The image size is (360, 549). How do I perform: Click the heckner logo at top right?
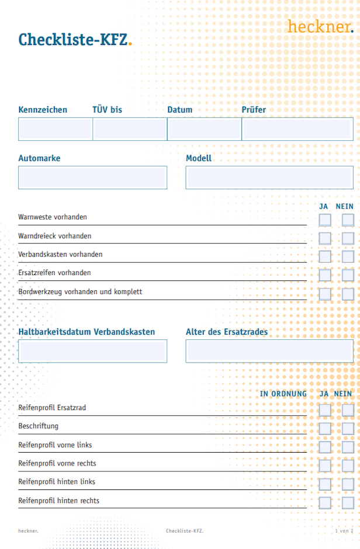[x=320, y=26]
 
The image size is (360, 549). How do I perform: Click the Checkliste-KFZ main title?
[x=75, y=39]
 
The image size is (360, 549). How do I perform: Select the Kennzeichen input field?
[x=55, y=129]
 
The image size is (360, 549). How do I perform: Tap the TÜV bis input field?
[x=130, y=129]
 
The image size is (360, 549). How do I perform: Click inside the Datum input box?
[x=204, y=129]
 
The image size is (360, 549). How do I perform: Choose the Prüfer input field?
[x=297, y=129]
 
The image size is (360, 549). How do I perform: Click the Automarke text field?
[x=92, y=178]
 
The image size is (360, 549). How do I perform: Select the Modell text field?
[x=269, y=178]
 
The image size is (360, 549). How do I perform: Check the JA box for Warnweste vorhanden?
[x=325, y=220]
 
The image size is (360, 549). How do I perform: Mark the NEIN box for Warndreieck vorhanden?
[x=348, y=238]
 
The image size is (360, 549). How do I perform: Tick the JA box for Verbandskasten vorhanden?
[x=325, y=257]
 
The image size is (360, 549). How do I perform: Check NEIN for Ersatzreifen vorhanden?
[x=348, y=275]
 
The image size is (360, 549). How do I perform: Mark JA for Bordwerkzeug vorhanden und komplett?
[x=325, y=294]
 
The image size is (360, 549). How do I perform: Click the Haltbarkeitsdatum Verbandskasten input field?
[x=92, y=351]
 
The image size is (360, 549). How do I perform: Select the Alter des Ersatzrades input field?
[x=269, y=351]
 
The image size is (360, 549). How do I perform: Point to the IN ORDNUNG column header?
[x=283, y=394]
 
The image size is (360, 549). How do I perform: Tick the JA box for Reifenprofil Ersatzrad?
[x=325, y=410]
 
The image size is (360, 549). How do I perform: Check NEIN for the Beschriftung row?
[x=348, y=429]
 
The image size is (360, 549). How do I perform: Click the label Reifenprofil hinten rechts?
[x=58, y=501]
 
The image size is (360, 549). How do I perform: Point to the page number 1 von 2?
[x=344, y=531]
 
